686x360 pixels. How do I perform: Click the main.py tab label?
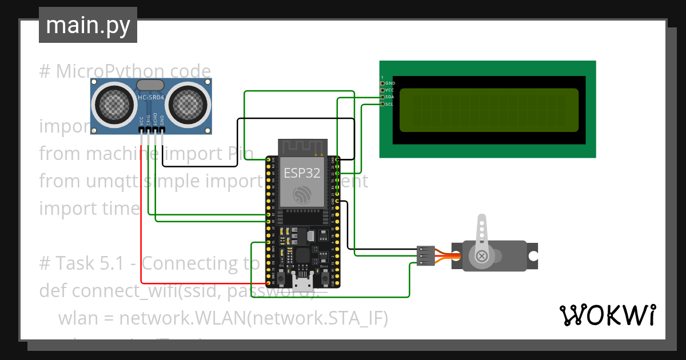[x=87, y=25]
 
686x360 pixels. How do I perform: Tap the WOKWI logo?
[x=607, y=315]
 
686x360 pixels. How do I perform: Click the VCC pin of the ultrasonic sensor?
[x=141, y=131]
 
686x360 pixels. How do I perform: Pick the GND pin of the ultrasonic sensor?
[x=162, y=131]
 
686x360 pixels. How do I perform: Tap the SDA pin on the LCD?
[x=382, y=97]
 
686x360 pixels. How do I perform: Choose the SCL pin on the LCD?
[x=382, y=104]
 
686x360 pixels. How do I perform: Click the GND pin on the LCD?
[x=382, y=83]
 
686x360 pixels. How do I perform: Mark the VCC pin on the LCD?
[x=382, y=90]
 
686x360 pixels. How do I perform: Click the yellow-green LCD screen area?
[x=489, y=110]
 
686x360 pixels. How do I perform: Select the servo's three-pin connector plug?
[x=425, y=256]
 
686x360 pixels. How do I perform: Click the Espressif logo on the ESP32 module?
[x=302, y=195]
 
